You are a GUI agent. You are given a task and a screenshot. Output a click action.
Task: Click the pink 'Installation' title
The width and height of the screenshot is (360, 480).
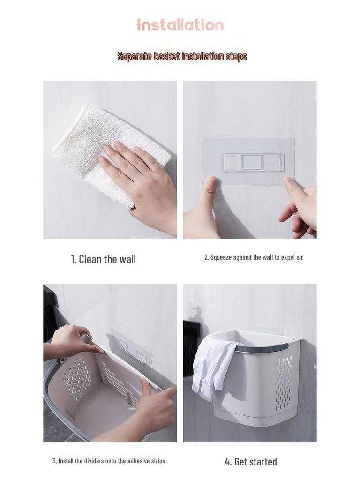pos(180,25)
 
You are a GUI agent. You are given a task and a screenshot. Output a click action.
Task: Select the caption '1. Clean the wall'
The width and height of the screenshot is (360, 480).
pos(104,259)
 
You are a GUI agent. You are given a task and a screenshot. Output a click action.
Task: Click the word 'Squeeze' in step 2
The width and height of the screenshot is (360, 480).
pos(221,257)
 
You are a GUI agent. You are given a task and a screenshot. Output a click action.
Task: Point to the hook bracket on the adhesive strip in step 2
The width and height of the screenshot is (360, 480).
pos(253,162)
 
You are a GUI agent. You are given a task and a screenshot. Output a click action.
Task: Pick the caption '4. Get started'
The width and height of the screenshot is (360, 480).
pos(251,462)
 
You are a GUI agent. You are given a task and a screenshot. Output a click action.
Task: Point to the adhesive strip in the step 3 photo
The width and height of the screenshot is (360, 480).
pos(128,352)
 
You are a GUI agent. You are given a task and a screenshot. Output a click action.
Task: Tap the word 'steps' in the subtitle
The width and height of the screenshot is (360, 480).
pos(236,57)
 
